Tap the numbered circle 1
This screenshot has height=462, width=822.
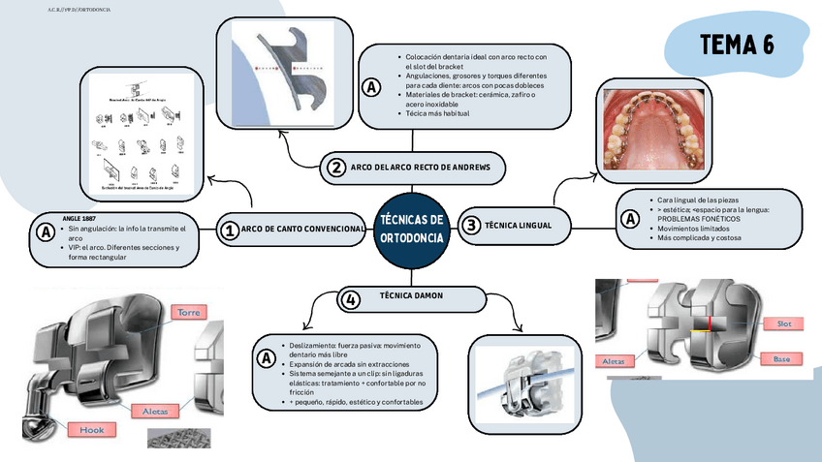230,230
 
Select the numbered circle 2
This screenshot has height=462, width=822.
335,168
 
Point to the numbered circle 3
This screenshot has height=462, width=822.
471,225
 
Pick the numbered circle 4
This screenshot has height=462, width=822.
351,300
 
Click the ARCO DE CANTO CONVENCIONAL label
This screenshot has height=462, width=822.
302,230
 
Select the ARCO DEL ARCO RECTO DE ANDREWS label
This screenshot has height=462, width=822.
420,168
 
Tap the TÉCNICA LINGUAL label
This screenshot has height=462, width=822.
518,225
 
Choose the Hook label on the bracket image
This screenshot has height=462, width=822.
92,429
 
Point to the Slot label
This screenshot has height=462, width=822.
783,323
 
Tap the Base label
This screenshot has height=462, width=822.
780,359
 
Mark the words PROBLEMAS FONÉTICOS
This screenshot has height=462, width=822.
698,219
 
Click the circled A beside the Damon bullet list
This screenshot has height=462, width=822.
265,359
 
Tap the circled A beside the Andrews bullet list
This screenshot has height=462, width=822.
371,87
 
